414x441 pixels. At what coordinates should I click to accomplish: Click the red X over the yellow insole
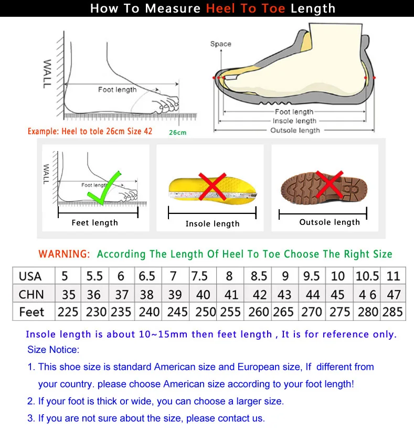click(x=212, y=186)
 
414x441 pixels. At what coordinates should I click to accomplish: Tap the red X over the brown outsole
click(x=330, y=184)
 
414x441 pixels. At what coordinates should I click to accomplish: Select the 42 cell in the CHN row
click(x=259, y=294)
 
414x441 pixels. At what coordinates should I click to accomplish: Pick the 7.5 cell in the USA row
click(x=199, y=276)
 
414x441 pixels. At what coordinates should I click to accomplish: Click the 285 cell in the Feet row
click(x=392, y=312)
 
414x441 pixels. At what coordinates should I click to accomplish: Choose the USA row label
click(x=30, y=276)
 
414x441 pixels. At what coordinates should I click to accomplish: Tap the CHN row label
click(x=31, y=294)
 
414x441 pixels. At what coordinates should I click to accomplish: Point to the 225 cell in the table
click(x=68, y=312)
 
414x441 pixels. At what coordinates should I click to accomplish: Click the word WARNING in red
click(x=64, y=254)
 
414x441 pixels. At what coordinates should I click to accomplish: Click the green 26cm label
click(x=177, y=133)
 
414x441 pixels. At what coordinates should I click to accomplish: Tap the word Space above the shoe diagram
click(x=220, y=44)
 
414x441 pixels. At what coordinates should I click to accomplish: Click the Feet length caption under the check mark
click(x=95, y=223)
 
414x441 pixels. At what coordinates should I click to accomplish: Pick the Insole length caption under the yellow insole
click(x=213, y=224)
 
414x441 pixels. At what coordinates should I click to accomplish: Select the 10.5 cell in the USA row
click(x=367, y=276)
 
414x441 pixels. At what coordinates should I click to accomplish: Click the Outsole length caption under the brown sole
click(x=330, y=222)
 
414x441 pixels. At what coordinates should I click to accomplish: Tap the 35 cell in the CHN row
click(x=68, y=294)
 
